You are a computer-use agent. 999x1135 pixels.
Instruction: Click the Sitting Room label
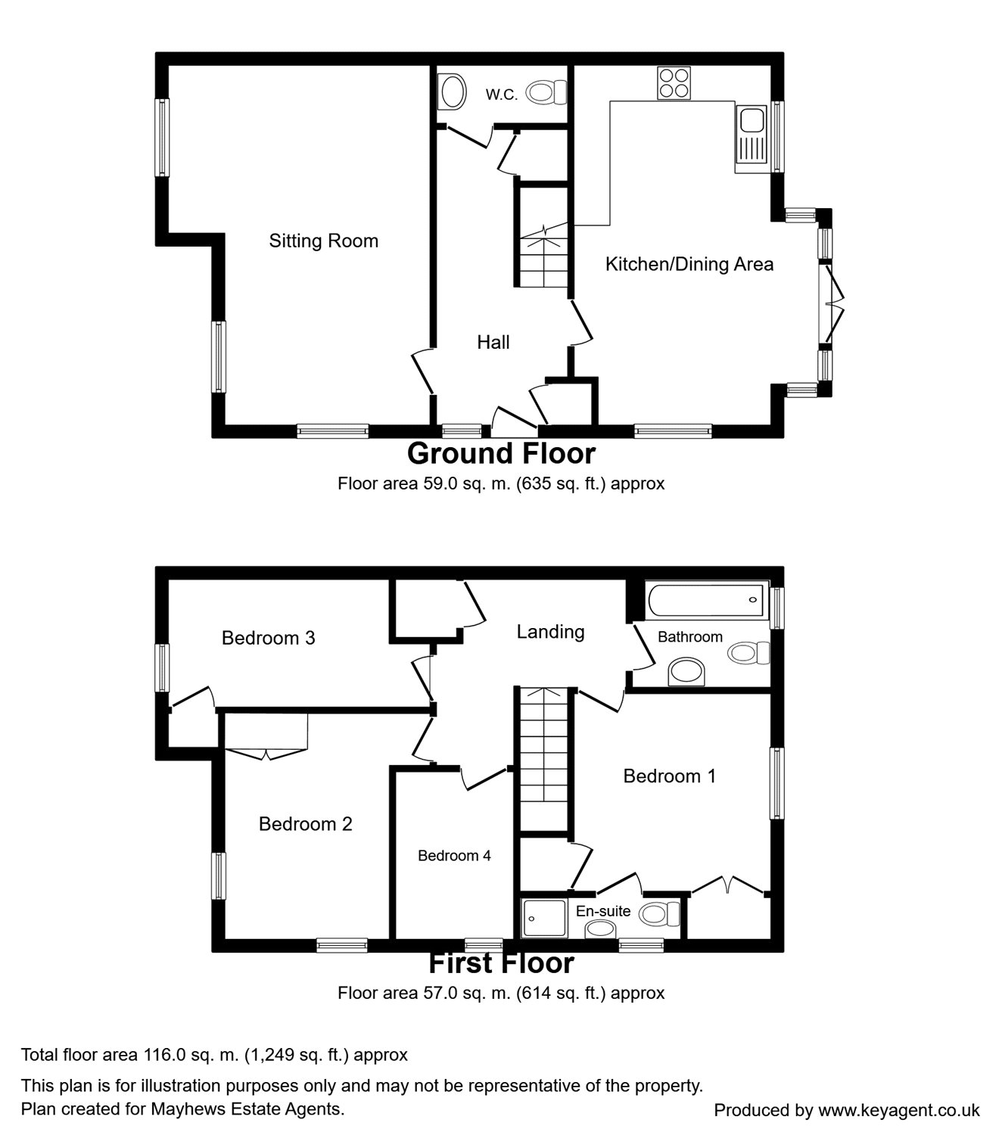coord(323,241)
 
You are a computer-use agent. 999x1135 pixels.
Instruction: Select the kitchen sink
coord(751,136)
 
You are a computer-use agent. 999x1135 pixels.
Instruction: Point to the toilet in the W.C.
coord(547,92)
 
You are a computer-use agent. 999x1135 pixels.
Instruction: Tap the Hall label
coord(493,343)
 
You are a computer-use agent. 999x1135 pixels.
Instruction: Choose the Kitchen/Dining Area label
coord(689,264)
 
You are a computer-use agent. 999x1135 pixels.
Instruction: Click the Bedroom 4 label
coord(454,856)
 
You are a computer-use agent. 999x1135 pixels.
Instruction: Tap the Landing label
coord(550,632)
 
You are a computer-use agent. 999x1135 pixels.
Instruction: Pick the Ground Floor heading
coord(501,453)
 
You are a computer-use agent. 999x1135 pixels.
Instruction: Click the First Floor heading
coord(501,963)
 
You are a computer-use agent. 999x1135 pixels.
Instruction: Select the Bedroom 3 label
coord(268,638)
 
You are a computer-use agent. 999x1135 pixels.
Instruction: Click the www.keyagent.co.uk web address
coord(898,1110)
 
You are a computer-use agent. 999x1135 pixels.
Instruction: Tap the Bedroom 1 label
coord(669,776)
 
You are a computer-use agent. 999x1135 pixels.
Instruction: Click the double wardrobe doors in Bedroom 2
coord(265,751)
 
